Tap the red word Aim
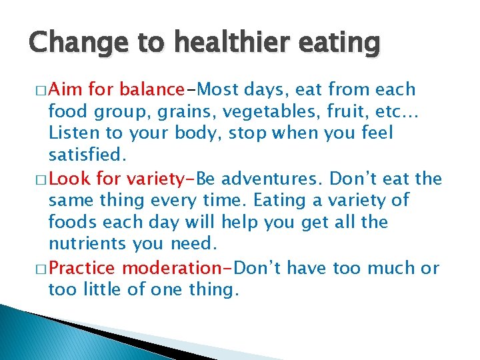(65, 89)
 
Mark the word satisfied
(84, 155)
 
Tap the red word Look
(71, 179)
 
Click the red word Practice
(82, 268)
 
